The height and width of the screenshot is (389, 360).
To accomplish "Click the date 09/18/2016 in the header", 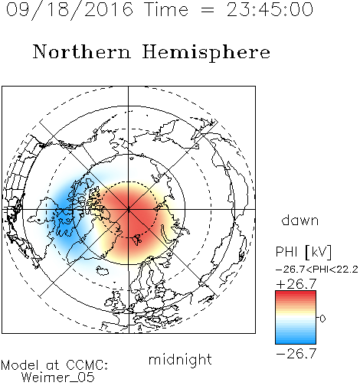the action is point(70,10).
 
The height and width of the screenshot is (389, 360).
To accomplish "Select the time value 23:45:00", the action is point(270,10).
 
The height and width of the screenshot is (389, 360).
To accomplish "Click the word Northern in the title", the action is point(81,52).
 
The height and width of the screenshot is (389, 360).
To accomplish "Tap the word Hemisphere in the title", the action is point(206,53).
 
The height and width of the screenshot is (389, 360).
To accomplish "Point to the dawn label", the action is point(300,220).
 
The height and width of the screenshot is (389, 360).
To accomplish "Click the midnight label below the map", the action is point(180,359).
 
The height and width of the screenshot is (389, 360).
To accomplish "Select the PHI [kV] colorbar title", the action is point(303,252).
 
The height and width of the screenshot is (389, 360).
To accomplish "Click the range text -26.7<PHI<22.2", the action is point(317,270).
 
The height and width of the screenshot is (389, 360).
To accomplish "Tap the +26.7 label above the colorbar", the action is point(296,284).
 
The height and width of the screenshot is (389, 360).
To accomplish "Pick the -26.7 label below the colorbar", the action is point(296,354).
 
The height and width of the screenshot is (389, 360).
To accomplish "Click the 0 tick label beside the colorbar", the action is point(322,319).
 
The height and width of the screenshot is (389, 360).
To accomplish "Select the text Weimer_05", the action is point(58,378).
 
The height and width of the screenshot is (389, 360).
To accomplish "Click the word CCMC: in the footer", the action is point(87,365).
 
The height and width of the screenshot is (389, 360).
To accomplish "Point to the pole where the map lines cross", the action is point(129,209).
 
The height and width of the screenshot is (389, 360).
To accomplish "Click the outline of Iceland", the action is point(103,271).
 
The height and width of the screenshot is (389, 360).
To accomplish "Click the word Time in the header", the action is point(166,10).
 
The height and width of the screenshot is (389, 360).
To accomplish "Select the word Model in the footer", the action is point(20,365).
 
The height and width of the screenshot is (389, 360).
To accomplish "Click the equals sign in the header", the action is point(208,10).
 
